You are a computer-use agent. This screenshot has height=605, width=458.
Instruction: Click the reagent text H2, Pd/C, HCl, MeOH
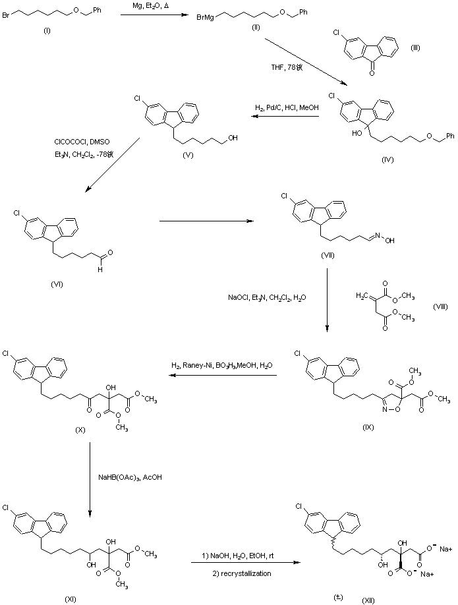coord(285,107)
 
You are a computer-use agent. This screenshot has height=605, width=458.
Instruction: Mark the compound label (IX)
coord(366,427)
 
